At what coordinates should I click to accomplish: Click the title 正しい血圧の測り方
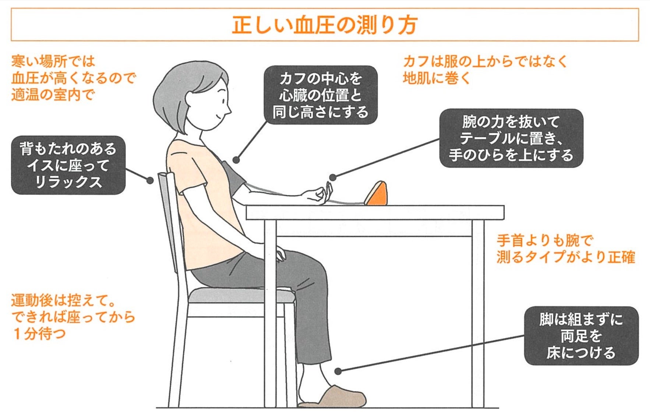tap(325, 25)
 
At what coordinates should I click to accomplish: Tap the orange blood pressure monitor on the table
tap(376, 194)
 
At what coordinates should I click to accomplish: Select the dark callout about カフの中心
tap(321, 95)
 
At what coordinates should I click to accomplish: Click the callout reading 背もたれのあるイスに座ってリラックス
tap(68, 165)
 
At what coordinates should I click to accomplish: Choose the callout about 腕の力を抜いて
tap(511, 138)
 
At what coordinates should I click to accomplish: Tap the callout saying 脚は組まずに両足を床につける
tap(581, 336)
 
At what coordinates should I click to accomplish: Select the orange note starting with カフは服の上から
tap(485, 70)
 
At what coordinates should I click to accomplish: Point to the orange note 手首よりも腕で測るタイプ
tap(566, 249)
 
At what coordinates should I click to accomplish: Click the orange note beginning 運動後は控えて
tap(73, 317)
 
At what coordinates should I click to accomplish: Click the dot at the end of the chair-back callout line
tap(150, 180)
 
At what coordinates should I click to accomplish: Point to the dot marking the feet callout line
tap(338, 371)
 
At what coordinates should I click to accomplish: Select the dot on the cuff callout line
tap(236, 160)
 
